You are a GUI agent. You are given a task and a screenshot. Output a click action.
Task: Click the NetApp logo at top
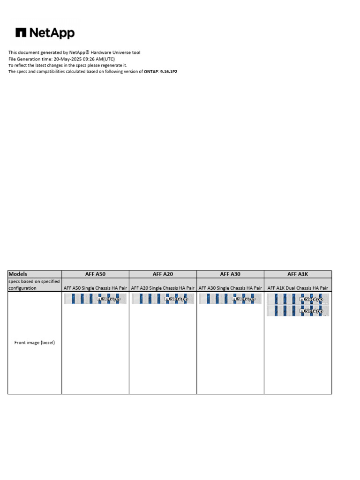(x=45, y=33)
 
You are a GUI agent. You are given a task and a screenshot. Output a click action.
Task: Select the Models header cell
(x=18, y=274)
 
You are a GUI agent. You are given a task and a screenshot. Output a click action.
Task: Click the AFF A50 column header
(x=95, y=274)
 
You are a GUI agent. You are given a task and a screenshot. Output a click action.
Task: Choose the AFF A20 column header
(x=163, y=274)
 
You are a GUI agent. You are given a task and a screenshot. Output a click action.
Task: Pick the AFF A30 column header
(x=230, y=274)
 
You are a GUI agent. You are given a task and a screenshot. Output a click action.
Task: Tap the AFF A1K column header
(x=298, y=274)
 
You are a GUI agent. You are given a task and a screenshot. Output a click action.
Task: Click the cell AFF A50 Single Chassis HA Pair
(x=95, y=288)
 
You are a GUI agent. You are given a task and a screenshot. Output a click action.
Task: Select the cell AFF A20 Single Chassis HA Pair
(x=163, y=288)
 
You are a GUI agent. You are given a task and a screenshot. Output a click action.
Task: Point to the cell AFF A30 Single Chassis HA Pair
(x=230, y=288)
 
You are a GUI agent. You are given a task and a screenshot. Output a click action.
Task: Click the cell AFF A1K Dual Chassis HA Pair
(x=298, y=288)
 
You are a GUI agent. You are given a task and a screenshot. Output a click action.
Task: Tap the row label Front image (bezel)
(x=35, y=343)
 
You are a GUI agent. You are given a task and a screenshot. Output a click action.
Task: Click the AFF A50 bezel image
(x=95, y=299)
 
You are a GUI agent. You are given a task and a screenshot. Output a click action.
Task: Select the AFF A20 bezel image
(x=163, y=299)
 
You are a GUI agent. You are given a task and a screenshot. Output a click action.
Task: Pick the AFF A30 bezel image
(x=230, y=299)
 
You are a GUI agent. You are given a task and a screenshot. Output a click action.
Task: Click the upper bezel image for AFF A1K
(x=298, y=299)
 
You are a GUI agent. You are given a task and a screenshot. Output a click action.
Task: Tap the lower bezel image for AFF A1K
(x=298, y=311)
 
